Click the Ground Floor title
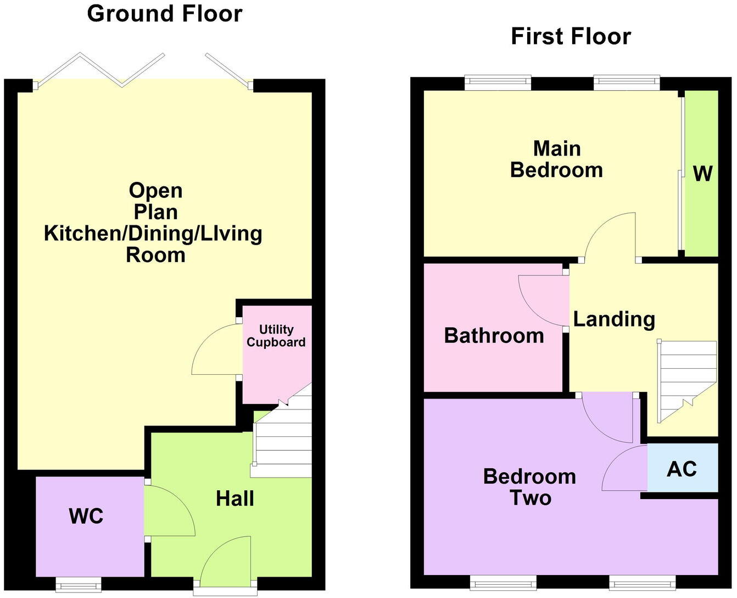[164, 14]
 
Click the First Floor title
[571, 37]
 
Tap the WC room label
[86, 517]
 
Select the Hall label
[235, 499]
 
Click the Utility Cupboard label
[276, 336]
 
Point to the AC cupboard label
[682, 469]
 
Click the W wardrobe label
[702, 174]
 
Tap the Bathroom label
[494, 336]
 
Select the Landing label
[614, 319]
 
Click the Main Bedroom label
[556, 159]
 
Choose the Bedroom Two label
[529, 487]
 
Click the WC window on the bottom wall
[79, 584]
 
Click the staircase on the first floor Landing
[686, 379]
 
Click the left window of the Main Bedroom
[498, 82]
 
